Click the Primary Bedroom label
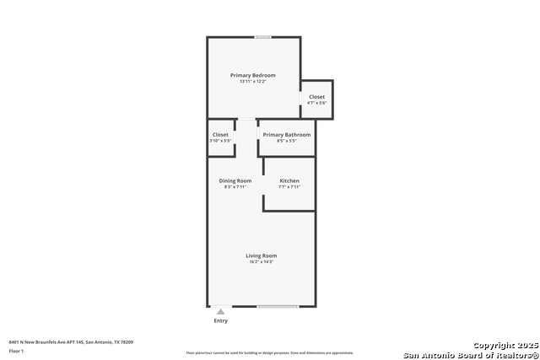tap(253, 75)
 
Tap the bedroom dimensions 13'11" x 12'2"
tap(253, 81)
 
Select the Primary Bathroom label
tap(286, 135)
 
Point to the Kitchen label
tap(289, 180)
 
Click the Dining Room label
tap(235, 180)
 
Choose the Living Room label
tap(262, 255)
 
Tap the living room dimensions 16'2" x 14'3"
tap(262, 262)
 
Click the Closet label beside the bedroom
tap(316, 97)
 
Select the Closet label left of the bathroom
tap(220, 135)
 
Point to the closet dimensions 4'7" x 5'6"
tap(316, 104)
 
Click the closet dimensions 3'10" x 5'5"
tap(220, 141)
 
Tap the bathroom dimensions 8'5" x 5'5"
tap(286, 141)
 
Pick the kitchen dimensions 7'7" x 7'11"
tap(289, 187)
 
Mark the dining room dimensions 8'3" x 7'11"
tap(235, 187)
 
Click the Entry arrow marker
tap(221, 311)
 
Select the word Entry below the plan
tap(221, 320)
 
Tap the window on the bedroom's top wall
tap(263, 37)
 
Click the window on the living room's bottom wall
tap(278, 306)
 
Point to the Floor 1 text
tap(16, 350)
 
